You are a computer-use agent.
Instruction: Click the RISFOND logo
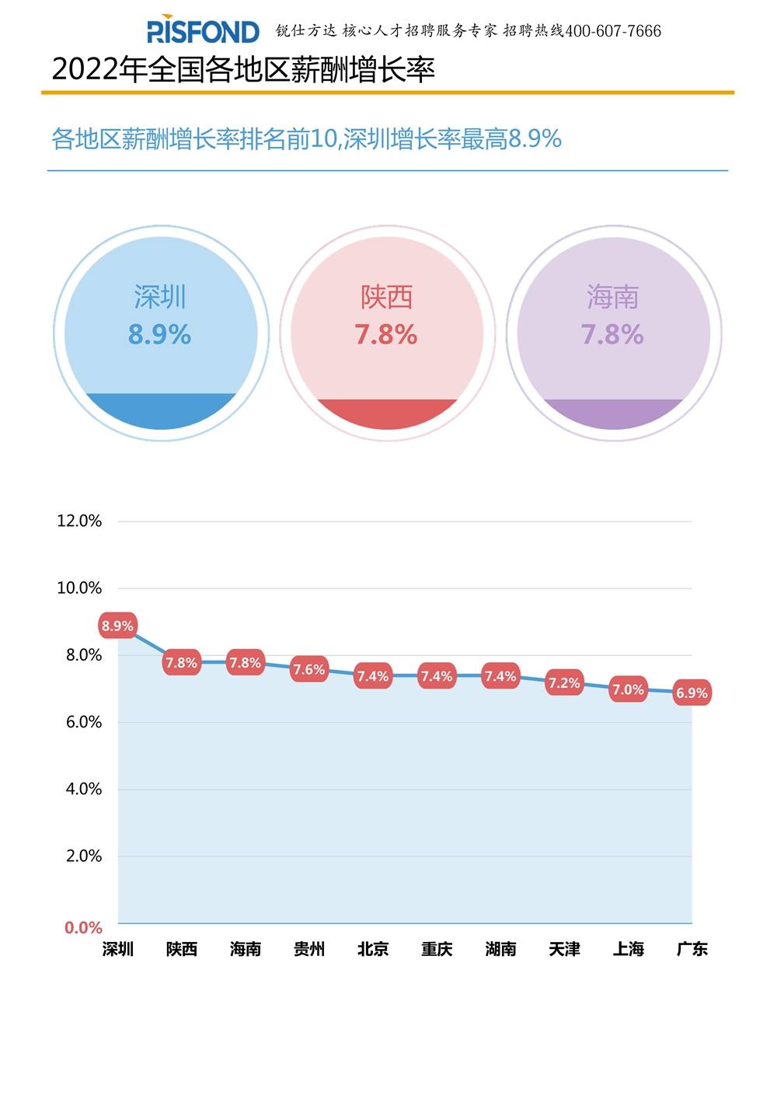[x=203, y=31]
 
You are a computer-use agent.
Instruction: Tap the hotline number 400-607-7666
[x=613, y=31]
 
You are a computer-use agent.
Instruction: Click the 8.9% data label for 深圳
[x=117, y=626]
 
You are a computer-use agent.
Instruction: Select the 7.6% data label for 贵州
[x=308, y=669]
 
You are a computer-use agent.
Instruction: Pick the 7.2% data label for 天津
[x=564, y=683]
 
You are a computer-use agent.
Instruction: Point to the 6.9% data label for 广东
[x=692, y=693]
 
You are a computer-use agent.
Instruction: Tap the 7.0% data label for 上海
[x=628, y=689]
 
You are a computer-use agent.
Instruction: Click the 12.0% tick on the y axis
[x=79, y=521]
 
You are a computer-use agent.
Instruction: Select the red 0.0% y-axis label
[x=83, y=927]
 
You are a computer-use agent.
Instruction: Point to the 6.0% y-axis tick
[x=84, y=722]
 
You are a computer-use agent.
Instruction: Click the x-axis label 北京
[x=373, y=949]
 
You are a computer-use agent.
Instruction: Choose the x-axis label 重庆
[x=437, y=949]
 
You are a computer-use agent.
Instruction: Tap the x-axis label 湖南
[x=500, y=949]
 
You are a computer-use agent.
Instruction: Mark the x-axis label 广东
[x=692, y=949]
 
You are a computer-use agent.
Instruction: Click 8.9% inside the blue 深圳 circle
[x=160, y=335]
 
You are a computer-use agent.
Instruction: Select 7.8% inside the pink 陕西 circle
[x=386, y=335]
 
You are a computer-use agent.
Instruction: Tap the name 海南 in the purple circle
[x=613, y=297]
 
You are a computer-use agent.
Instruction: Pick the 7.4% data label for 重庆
[x=437, y=676]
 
